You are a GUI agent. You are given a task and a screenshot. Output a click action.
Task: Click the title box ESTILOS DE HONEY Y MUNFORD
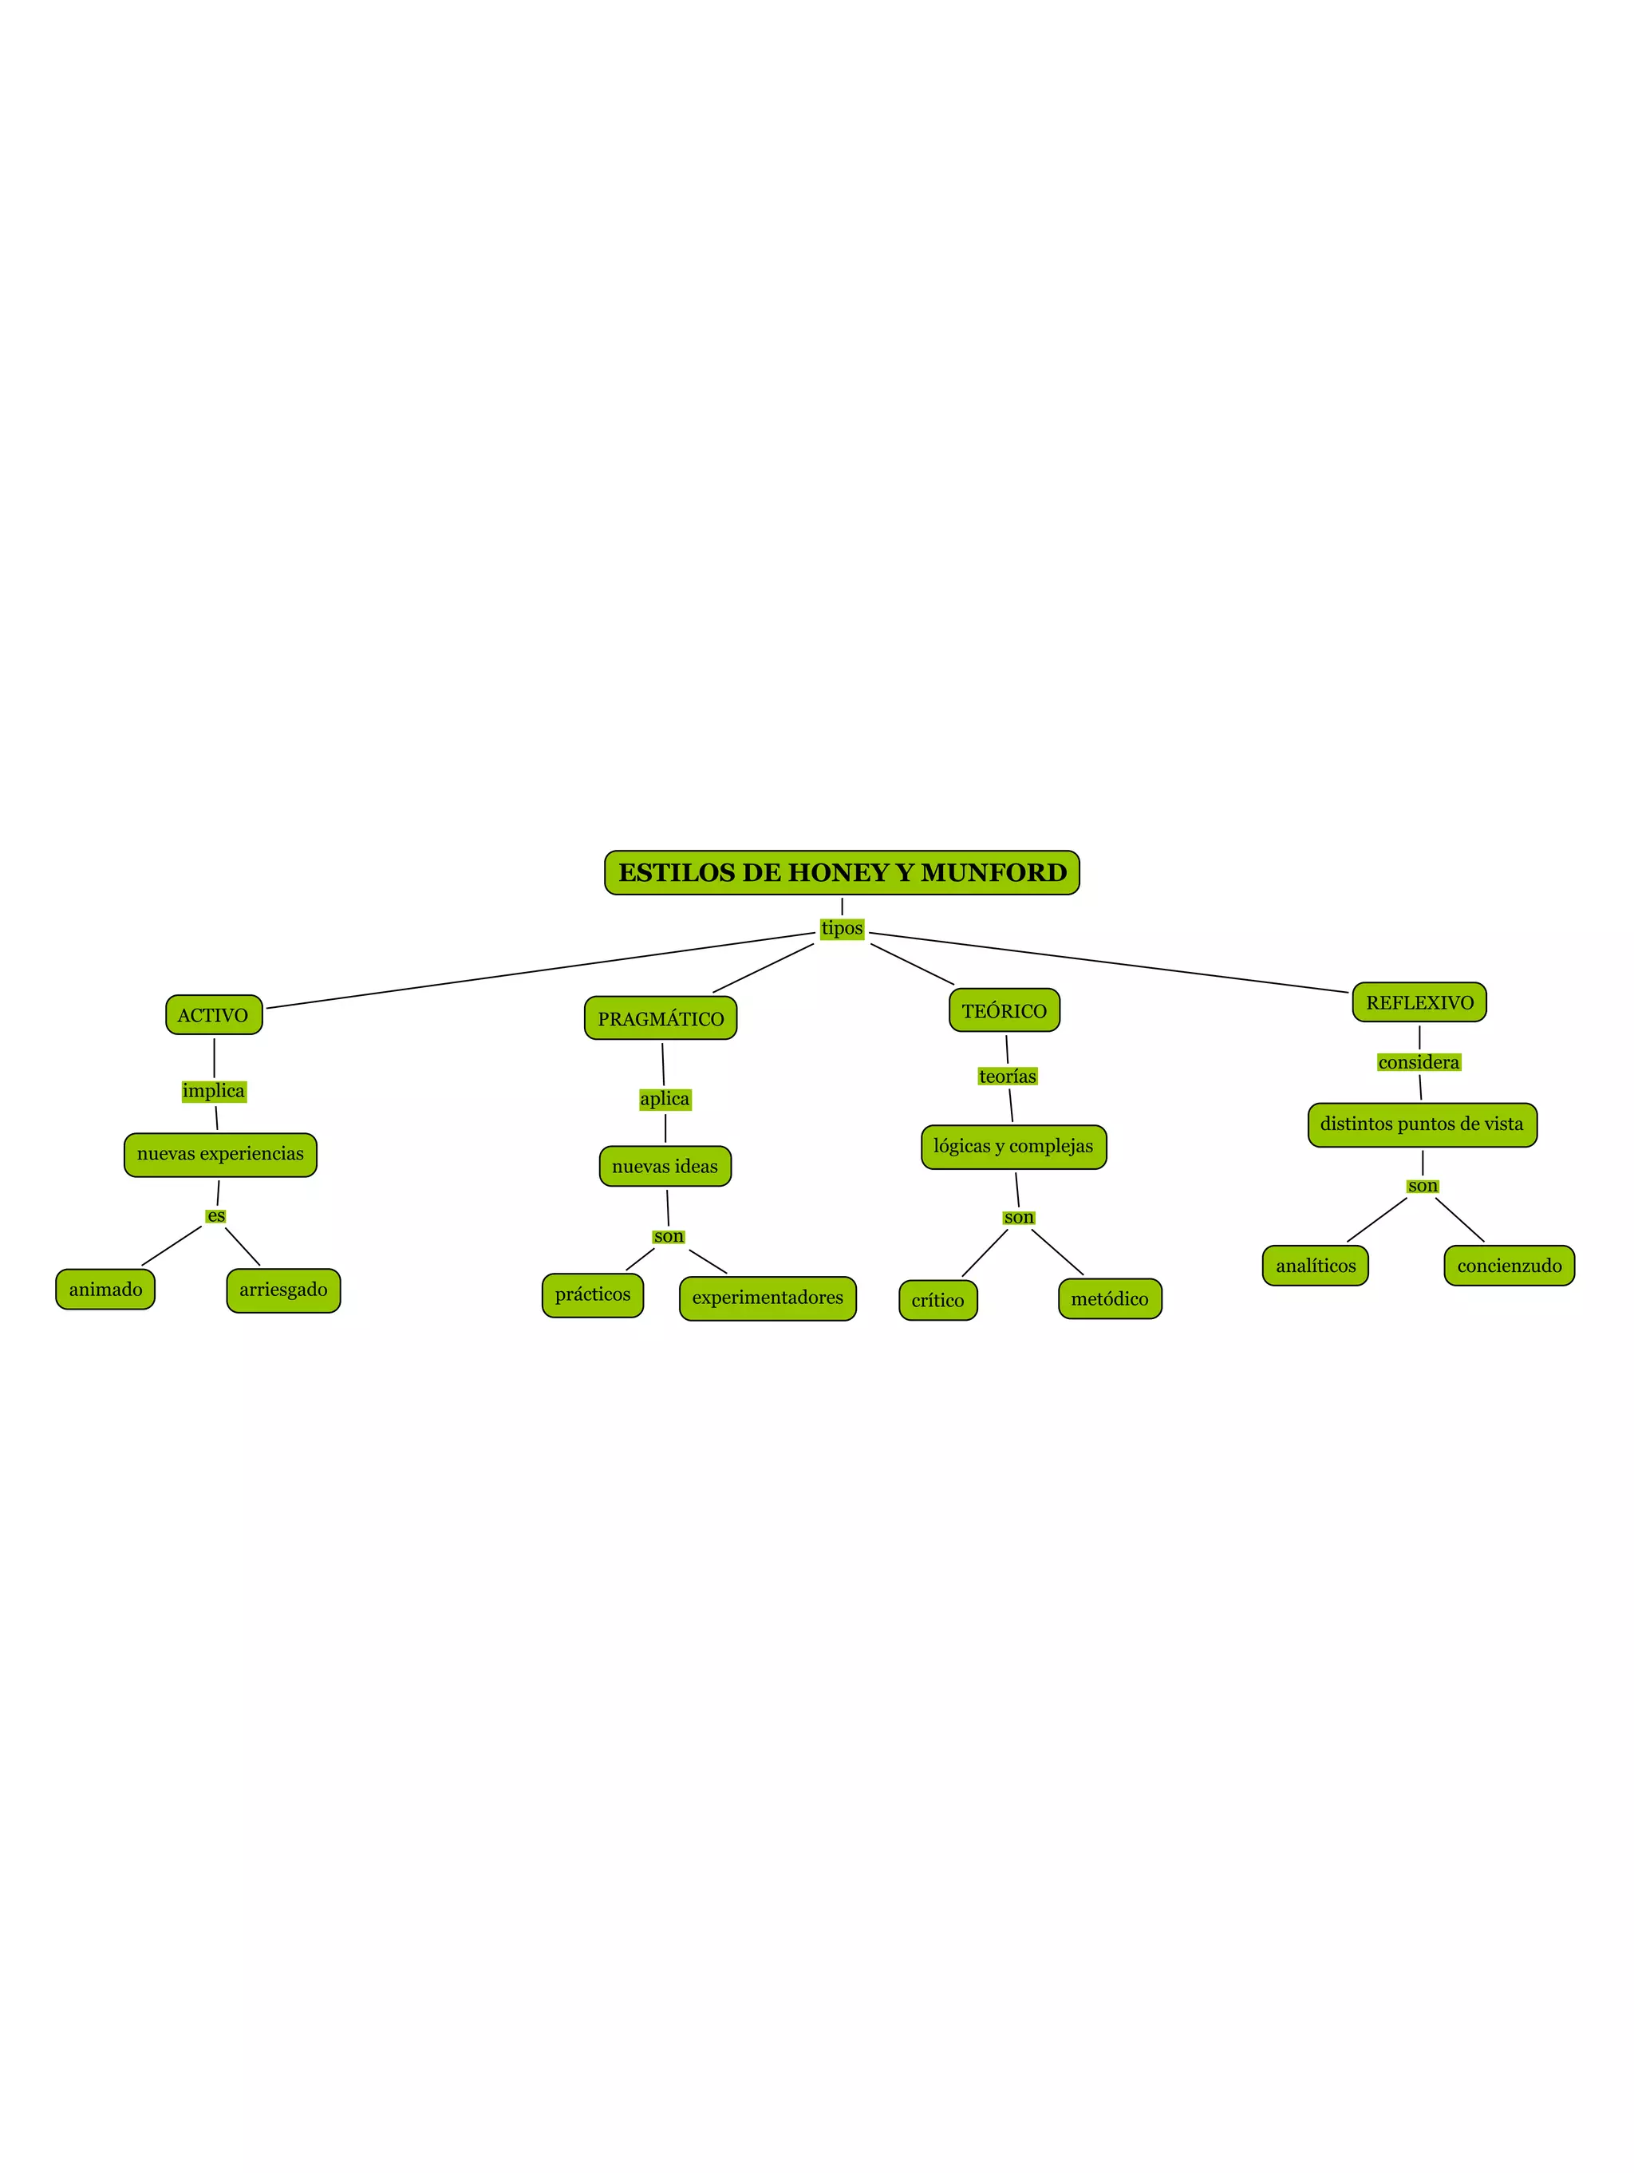tap(842, 872)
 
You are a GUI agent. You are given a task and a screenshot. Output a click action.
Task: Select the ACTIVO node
tap(213, 1015)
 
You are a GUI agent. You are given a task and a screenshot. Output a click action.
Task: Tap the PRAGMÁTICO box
tap(660, 1019)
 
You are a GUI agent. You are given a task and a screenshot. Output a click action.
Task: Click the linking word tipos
tap(842, 928)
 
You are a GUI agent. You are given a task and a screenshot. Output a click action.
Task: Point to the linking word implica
tap(213, 1090)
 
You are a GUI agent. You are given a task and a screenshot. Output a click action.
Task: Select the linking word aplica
tap(665, 1100)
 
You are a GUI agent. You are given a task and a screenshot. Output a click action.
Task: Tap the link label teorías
tap(1008, 1076)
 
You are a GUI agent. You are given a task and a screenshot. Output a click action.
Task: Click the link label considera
tap(1418, 1062)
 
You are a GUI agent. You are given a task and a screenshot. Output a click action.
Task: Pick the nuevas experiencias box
tap(220, 1154)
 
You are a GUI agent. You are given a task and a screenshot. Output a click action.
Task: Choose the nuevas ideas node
tap(665, 1166)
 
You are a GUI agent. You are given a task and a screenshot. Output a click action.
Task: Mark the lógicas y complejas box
tap(1013, 1147)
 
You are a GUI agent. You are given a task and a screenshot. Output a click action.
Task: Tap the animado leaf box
tap(105, 1289)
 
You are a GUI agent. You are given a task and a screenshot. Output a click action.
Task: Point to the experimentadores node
tap(767, 1298)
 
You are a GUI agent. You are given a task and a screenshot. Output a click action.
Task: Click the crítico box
tap(937, 1301)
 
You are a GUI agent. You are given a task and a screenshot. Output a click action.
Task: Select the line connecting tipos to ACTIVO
tap(540, 970)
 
